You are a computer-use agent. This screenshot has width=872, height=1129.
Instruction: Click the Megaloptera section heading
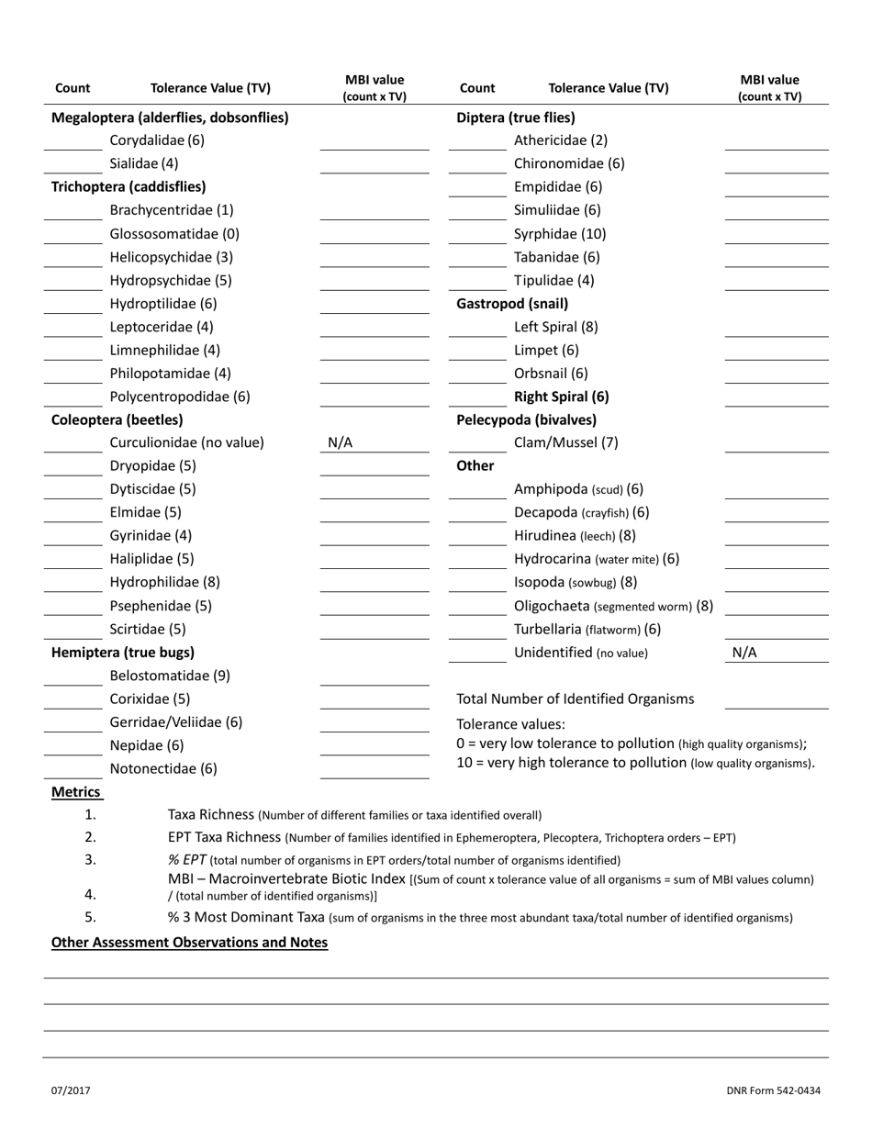[170, 117]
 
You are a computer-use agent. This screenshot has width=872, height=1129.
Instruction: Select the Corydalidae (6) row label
[157, 140]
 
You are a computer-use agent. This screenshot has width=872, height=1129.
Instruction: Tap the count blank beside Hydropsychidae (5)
[73, 281]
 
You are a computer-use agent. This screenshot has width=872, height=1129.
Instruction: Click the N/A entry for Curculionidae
[340, 443]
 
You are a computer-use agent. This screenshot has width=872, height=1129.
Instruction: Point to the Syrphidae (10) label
[560, 234]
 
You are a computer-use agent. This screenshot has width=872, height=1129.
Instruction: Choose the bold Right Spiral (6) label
[561, 397]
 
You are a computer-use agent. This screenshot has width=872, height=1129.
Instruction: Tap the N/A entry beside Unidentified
[744, 654]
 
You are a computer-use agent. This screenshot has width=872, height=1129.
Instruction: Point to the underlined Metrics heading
[76, 792]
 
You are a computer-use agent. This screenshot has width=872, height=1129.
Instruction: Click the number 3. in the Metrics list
[90, 860]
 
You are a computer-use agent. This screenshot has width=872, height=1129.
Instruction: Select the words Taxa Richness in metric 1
[211, 814]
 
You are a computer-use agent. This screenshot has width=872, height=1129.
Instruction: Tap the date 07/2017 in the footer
[71, 1090]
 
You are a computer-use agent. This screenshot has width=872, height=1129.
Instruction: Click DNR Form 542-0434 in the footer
[773, 1090]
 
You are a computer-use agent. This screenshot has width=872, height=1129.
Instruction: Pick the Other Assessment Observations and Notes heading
[189, 943]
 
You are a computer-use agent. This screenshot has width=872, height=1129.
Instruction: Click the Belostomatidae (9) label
[170, 676]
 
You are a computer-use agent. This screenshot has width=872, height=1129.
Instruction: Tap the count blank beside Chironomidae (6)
[477, 164]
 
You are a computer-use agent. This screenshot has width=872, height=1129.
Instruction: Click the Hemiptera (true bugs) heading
[123, 653]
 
